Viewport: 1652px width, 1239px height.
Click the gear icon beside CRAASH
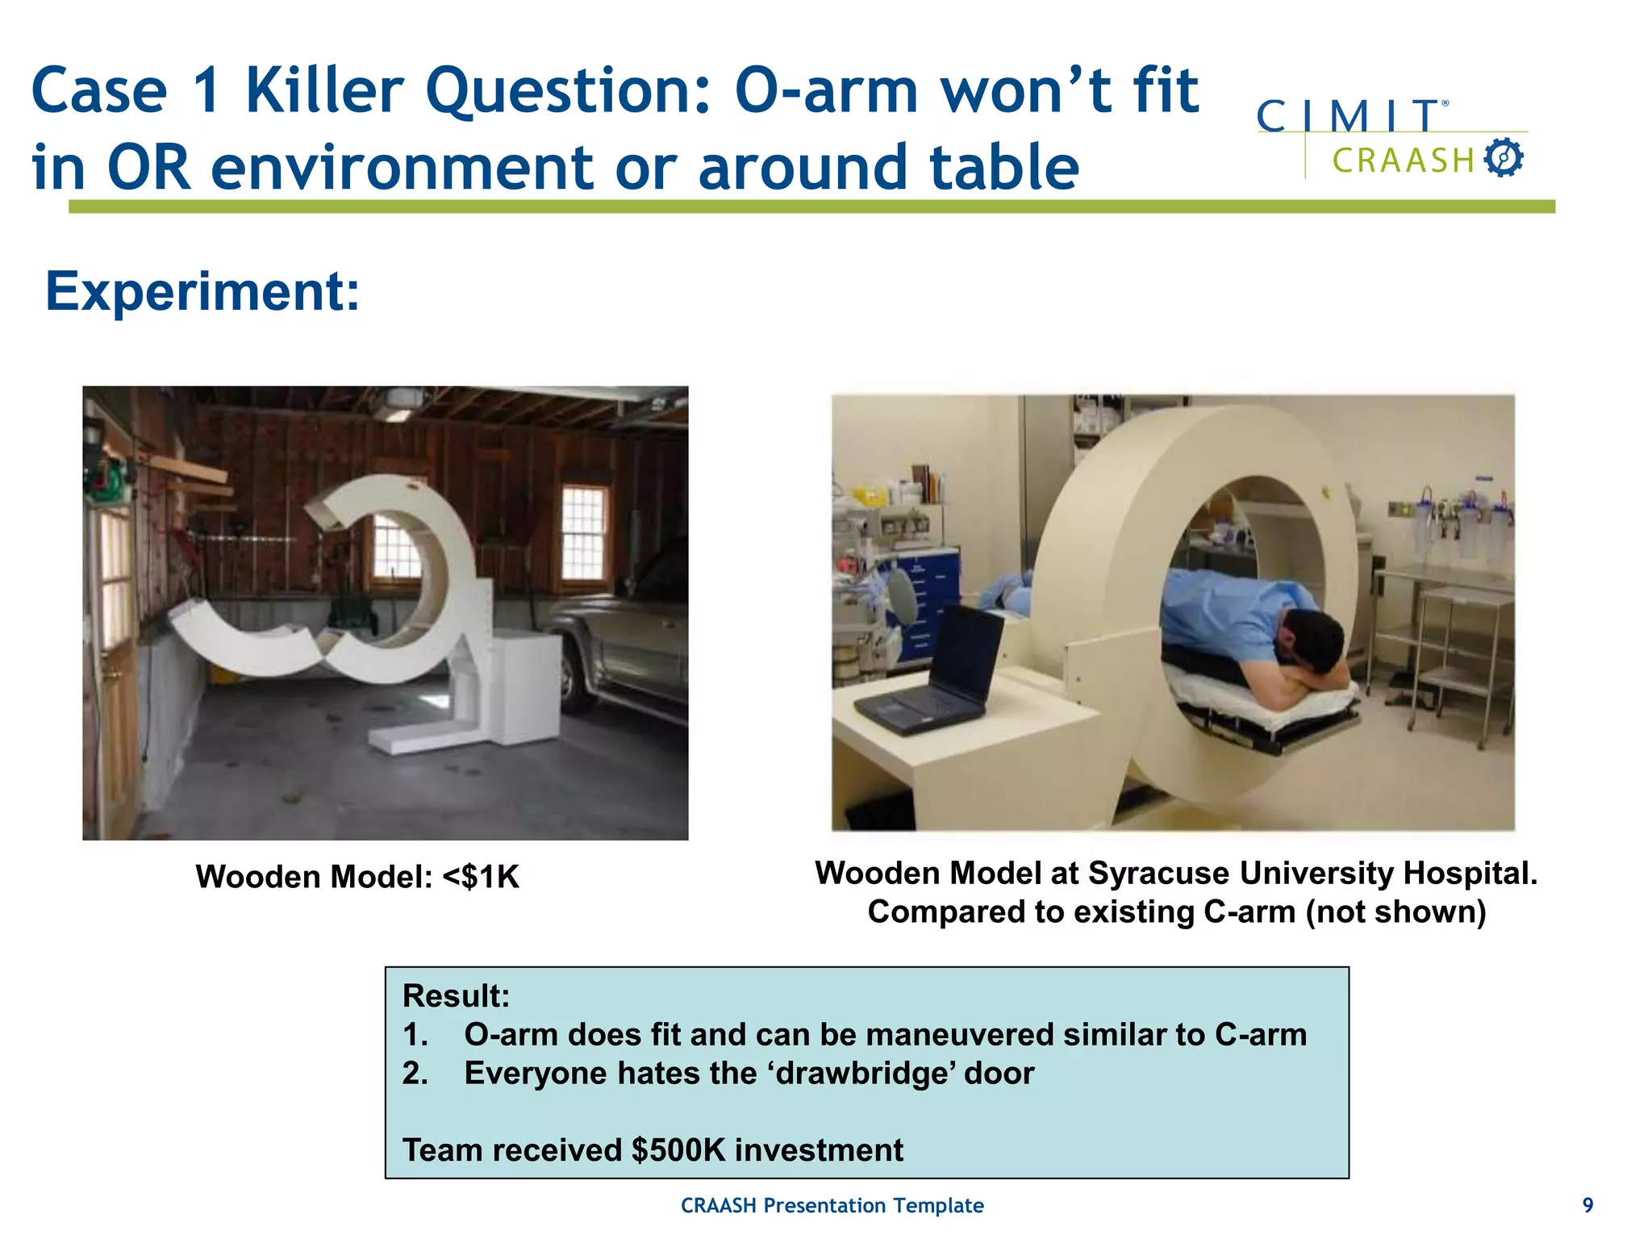pos(1504,157)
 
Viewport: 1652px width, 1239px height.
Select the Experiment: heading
pos(202,291)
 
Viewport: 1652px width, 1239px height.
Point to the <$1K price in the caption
pos(481,877)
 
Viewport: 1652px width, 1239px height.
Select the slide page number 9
pos(1587,1205)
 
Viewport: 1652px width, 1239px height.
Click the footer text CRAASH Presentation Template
pos(832,1205)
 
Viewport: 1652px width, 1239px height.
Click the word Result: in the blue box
pos(456,995)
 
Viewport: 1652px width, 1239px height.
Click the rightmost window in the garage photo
pos(582,532)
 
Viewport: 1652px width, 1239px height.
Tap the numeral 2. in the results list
pos(415,1073)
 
